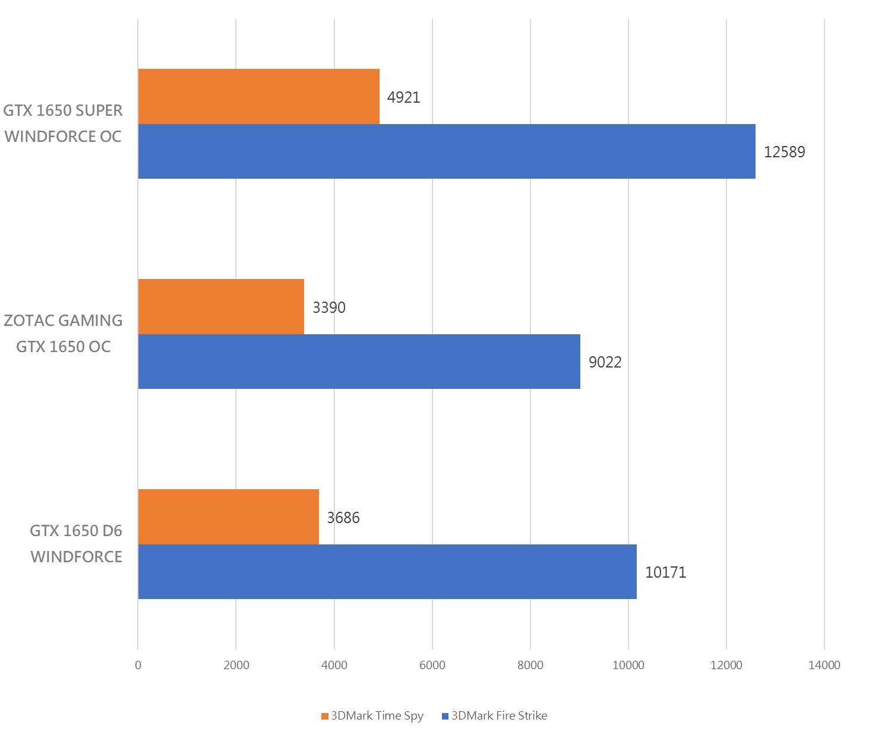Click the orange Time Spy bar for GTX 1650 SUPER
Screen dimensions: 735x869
pos(258,96)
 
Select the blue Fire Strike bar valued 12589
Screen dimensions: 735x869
pos(446,151)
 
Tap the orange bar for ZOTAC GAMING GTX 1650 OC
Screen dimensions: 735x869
pos(221,306)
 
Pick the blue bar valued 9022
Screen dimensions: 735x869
pos(359,362)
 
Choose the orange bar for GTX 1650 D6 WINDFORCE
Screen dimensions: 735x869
pos(228,517)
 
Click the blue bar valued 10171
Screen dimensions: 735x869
pos(387,572)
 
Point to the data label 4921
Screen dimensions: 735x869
pos(404,97)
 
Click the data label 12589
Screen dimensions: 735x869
pos(784,152)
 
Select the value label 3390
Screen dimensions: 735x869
pos(329,308)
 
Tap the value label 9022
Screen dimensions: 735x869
pos(605,362)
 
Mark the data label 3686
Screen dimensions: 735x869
pos(343,518)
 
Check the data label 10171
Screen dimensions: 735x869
pos(665,572)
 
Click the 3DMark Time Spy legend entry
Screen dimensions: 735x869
pos(372,715)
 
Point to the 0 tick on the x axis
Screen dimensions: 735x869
pos(138,665)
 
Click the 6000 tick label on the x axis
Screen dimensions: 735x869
pos(432,665)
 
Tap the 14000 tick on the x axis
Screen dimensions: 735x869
pos(824,665)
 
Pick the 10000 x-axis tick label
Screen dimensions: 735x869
pos(628,665)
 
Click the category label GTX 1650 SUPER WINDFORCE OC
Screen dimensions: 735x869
pos(63,123)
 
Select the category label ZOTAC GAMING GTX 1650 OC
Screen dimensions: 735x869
pos(63,334)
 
